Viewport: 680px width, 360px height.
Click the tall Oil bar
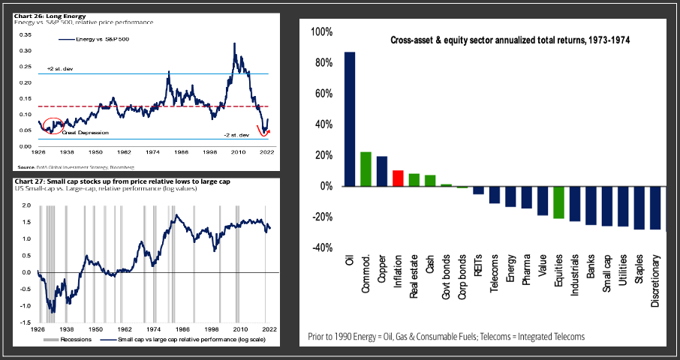(350, 119)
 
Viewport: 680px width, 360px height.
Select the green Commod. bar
(366, 169)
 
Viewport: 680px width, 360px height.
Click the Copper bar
(381, 171)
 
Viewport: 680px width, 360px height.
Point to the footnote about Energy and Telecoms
(446, 337)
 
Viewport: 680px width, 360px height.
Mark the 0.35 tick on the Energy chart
(26, 34)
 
